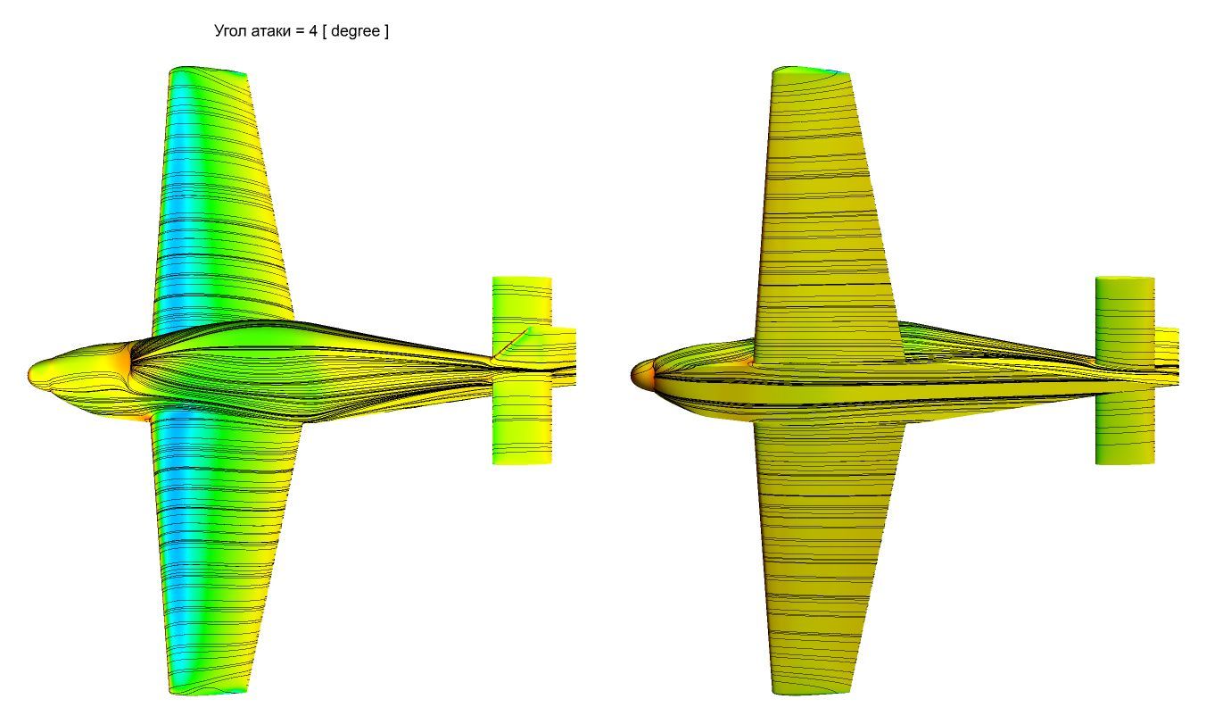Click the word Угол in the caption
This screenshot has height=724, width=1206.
click(230, 31)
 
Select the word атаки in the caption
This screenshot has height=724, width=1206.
click(270, 31)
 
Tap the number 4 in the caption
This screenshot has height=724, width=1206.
click(313, 30)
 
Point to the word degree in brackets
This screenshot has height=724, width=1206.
click(355, 31)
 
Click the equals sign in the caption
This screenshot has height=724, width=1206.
click(299, 31)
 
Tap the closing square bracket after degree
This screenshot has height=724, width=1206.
click(386, 31)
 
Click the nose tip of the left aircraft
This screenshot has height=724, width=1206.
click(29, 373)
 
